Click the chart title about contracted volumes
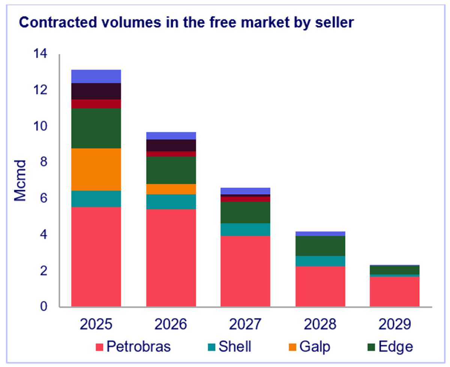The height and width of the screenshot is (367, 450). (186, 23)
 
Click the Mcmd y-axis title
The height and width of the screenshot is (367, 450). (21, 181)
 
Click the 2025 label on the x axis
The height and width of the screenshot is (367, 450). (96, 324)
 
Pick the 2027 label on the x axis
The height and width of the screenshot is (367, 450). (245, 324)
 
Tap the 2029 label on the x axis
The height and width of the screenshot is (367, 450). (394, 324)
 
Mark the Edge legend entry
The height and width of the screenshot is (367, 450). (390, 346)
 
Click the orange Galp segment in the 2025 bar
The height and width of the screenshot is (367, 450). (96, 169)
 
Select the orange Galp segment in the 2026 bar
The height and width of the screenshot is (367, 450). (171, 189)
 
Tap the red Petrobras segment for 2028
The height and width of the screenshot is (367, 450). (320, 286)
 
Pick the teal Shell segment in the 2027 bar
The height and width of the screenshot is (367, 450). (245, 230)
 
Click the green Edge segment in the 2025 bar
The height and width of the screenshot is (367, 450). (96, 128)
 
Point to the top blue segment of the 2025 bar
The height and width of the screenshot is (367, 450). (96, 76)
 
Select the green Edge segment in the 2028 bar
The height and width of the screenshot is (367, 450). (320, 246)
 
